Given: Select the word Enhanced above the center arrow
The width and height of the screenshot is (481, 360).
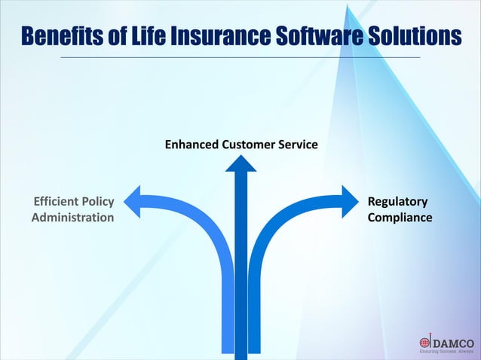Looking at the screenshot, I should (191, 143).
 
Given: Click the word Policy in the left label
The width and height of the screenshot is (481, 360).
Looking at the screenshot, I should (99, 202).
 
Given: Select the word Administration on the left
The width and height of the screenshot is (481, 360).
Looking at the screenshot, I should (73, 218).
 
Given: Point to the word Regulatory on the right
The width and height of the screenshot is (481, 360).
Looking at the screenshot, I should (397, 202).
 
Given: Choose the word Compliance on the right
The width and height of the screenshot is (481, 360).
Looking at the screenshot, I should (400, 218).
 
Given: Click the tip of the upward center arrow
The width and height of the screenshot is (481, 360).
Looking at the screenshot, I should (241, 157).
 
